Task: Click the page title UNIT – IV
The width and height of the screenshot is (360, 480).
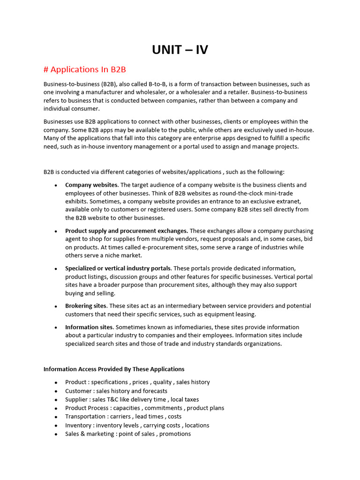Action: point(180,49)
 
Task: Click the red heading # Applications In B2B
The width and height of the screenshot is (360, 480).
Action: point(84,69)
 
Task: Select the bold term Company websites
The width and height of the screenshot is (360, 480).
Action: point(92,185)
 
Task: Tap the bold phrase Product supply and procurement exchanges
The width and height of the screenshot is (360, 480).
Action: point(127,231)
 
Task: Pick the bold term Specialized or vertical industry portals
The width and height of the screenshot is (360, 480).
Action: point(118,268)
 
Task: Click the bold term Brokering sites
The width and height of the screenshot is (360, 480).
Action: point(86,306)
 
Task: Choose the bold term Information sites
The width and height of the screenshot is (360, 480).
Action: point(89,327)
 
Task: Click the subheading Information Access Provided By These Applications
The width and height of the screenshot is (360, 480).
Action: point(114,369)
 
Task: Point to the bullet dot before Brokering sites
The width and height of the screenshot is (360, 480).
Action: point(56,306)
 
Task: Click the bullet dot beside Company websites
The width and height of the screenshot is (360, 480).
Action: point(56,185)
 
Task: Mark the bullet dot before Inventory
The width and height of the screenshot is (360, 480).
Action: point(56,426)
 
